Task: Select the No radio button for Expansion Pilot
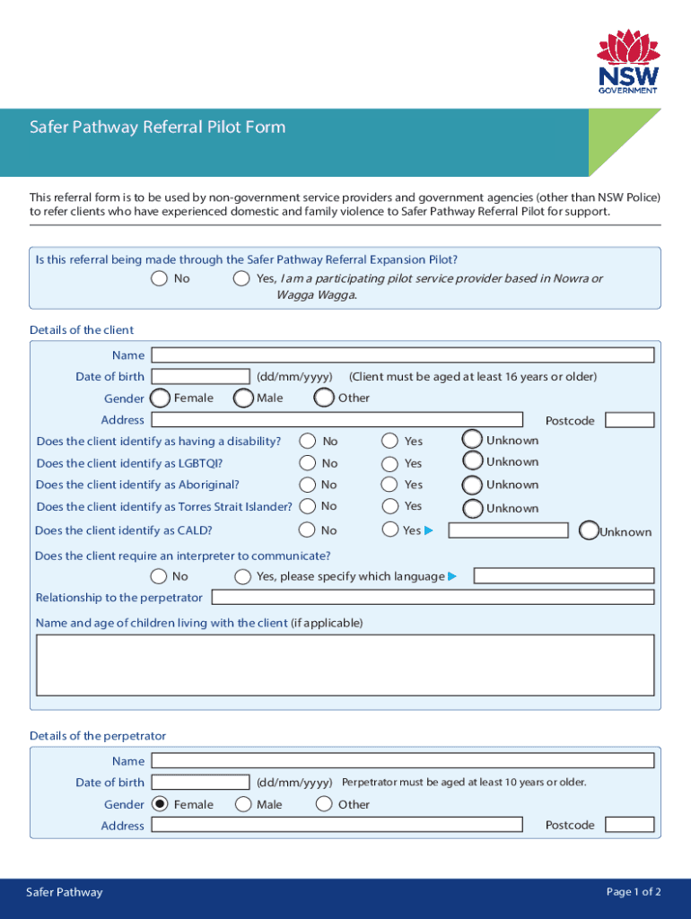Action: coord(159,278)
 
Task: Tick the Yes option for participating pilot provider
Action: coord(241,278)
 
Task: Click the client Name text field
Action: coord(402,355)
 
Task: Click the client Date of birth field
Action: coord(201,377)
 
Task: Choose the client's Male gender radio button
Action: coord(242,398)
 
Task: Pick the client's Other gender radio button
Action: coord(325,398)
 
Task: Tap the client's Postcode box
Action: coord(629,420)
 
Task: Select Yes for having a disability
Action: coord(390,441)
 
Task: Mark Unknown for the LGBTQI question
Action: coord(472,461)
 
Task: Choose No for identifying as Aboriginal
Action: coord(308,485)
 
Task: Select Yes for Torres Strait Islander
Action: coord(390,506)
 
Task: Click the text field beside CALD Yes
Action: coord(508,530)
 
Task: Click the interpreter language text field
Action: coord(564,576)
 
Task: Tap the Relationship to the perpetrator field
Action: coord(432,598)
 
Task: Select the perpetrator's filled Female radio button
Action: coord(160,804)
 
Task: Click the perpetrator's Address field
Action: coord(337,826)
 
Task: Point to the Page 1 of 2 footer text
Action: coord(634,892)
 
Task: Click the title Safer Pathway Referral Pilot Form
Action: coord(157,127)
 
